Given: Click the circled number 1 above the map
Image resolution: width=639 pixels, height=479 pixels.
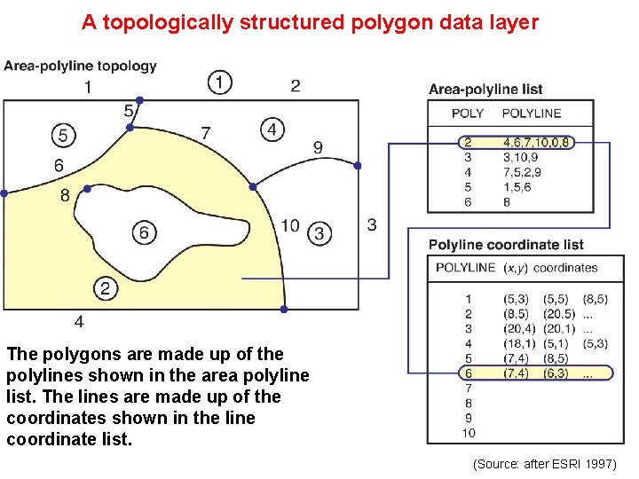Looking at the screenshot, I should pyautogui.click(x=220, y=82).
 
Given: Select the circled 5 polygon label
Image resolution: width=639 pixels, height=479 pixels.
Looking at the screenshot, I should pyautogui.click(x=62, y=135).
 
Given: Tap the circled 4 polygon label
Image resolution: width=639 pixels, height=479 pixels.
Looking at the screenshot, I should pyautogui.click(x=272, y=129).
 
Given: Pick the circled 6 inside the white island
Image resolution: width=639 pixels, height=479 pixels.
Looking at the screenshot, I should pyautogui.click(x=144, y=232).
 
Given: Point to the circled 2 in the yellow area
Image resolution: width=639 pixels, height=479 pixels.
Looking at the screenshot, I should pyautogui.click(x=105, y=287).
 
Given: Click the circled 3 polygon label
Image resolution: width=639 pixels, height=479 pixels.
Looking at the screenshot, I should pyautogui.click(x=319, y=233).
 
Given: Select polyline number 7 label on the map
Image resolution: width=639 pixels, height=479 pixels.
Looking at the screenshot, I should pyautogui.click(x=206, y=133).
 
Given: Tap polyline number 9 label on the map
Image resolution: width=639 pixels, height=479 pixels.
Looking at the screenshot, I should pyautogui.click(x=318, y=147).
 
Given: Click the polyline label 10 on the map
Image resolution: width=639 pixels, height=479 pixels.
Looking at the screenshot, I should pyautogui.click(x=290, y=225).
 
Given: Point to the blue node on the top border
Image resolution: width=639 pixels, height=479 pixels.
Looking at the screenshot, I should pyautogui.click(x=139, y=100).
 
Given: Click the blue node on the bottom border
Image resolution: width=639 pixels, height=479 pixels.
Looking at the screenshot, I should pyautogui.click(x=284, y=309).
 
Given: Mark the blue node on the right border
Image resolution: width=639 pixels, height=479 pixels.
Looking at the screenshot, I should pyautogui.click(x=358, y=166).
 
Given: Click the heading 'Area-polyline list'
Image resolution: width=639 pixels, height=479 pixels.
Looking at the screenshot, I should pyautogui.click(x=485, y=89).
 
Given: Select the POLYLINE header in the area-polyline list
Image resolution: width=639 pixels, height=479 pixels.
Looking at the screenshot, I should pyautogui.click(x=532, y=113).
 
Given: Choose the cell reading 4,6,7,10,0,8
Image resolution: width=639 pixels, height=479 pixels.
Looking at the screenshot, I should pyautogui.click(x=538, y=141).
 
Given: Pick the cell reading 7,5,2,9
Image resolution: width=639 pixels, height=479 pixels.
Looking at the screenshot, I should pyautogui.click(x=525, y=171).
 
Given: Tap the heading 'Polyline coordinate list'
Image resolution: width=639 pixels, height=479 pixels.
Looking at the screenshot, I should pyautogui.click(x=506, y=245).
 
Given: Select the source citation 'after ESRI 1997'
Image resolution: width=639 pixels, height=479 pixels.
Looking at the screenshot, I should pyautogui.click(x=545, y=464).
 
